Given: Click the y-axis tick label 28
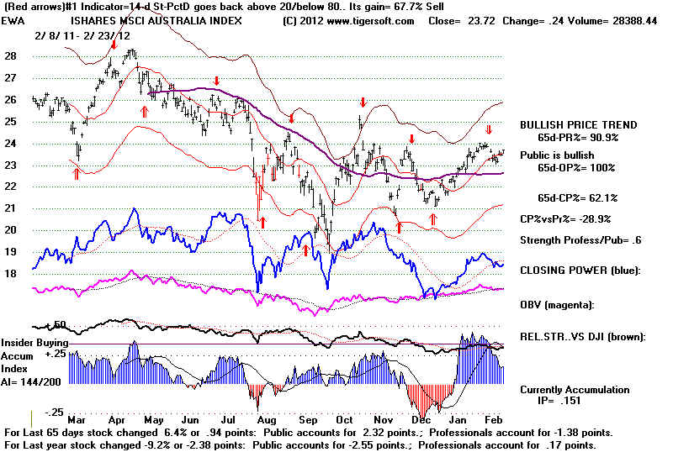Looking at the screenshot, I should pos(11,56).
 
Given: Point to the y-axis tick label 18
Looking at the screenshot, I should pos(11,273).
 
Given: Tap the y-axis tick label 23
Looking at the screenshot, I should pos(11,165).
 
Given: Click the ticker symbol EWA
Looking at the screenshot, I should pos(13,21).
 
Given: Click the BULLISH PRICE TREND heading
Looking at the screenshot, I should pos(578,124).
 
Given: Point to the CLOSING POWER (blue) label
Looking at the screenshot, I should pos(580,270).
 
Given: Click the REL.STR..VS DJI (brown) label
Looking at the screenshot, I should pos(582,336).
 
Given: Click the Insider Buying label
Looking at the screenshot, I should pos(34,343).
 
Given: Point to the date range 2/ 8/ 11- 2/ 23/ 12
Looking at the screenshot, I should pos(82,36).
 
